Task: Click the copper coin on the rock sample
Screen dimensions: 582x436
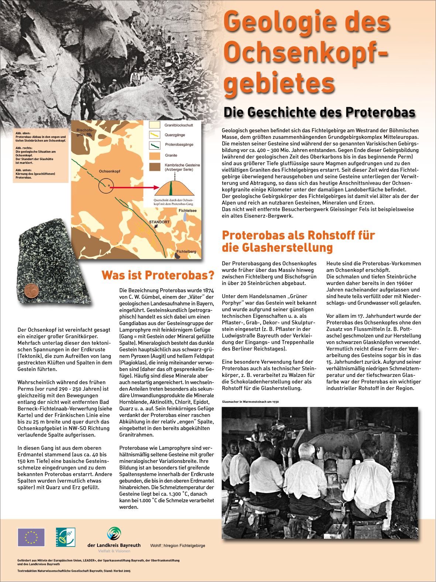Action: (x=31, y=291)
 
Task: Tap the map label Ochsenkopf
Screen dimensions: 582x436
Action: (x=110, y=171)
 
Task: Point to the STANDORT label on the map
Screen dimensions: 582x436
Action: (x=159, y=222)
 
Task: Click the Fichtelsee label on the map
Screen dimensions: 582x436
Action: (x=188, y=211)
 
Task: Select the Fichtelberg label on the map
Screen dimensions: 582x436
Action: (x=186, y=252)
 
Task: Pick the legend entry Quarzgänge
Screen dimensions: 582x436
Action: (x=175, y=135)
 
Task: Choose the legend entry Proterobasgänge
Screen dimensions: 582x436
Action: (x=179, y=144)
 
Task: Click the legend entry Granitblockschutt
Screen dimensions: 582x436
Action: (x=179, y=125)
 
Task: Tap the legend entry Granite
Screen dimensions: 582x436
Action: (x=171, y=156)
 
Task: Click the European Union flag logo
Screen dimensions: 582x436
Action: (x=31, y=537)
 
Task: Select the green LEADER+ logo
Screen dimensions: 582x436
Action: (x=65, y=537)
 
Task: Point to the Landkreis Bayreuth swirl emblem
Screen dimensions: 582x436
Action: (x=114, y=534)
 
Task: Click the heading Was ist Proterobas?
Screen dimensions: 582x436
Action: (x=158, y=275)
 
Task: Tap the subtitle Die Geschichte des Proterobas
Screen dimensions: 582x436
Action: (x=319, y=112)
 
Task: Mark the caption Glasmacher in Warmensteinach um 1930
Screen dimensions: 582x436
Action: (x=250, y=402)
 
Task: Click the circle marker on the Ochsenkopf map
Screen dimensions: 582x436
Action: (x=106, y=185)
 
